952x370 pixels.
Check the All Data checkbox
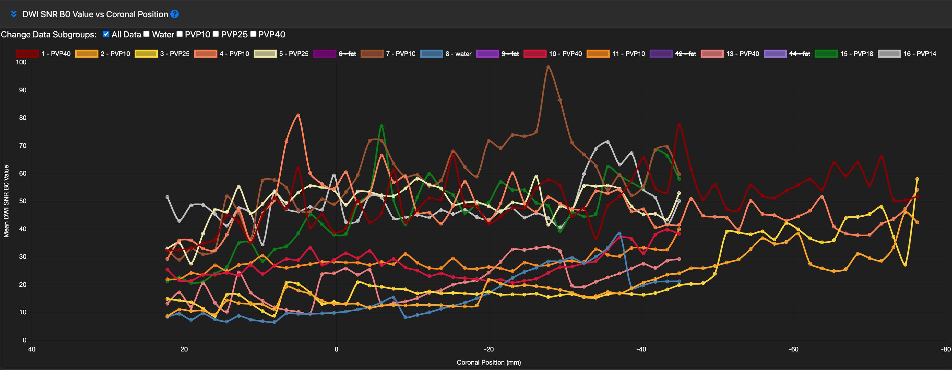(x=106, y=34)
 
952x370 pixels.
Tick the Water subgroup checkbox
(x=146, y=34)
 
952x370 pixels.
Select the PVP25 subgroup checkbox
(x=216, y=34)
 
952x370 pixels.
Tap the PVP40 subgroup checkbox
(x=253, y=34)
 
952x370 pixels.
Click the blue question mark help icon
(x=174, y=14)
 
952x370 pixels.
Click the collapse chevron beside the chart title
(x=14, y=14)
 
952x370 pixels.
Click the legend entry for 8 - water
(x=446, y=54)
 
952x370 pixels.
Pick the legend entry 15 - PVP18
(x=844, y=54)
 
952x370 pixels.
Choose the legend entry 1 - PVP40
(x=43, y=54)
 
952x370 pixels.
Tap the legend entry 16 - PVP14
(x=907, y=54)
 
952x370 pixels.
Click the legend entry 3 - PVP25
(x=162, y=54)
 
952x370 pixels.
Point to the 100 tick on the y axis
(x=21, y=62)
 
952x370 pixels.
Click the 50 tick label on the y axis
(x=23, y=201)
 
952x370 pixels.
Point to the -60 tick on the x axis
(x=793, y=349)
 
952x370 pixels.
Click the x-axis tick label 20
(x=184, y=349)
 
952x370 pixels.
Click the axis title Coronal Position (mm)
(x=488, y=362)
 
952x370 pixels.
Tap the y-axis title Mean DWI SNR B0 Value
(x=6, y=201)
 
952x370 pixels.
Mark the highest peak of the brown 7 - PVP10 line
(x=548, y=67)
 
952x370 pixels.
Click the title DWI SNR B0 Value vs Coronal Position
(x=95, y=14)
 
